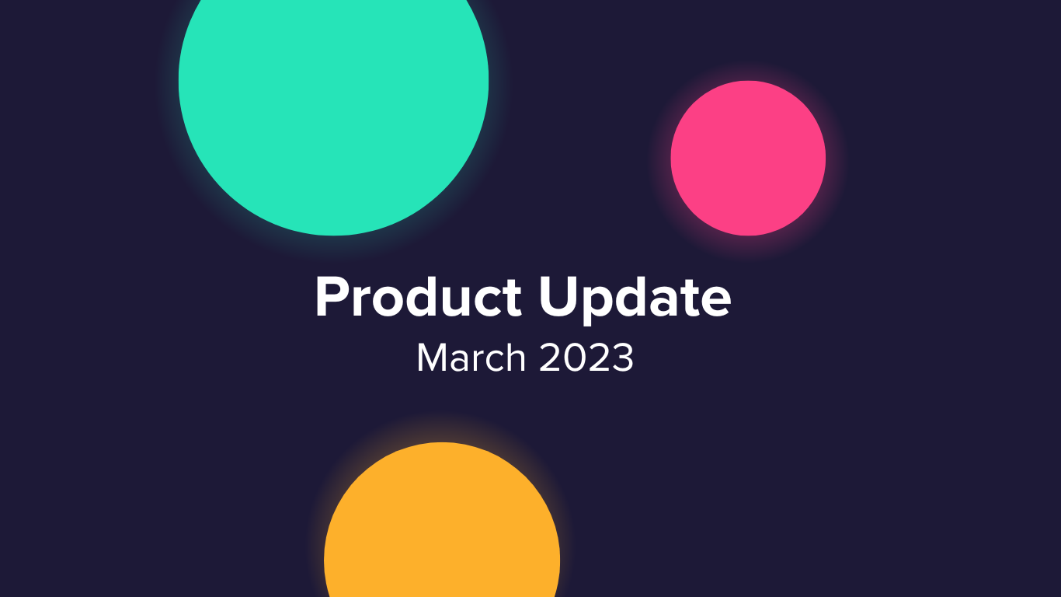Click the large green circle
click(x=333, y=95)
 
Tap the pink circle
click(x=748, y=158)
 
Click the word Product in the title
click(x=418, y=296)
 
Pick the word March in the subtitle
click(x=471, y=358)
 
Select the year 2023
click(x=586, y=358)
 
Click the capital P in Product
click(x=332, y=297)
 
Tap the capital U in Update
click(x=557, y=297)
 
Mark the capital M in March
click(x=432, y=358)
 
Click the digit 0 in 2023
click(x=575, y=358)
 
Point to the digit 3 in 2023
click(x=622, y=358)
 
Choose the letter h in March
click(x=515, y=356)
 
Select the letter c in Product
click(x=485, y=302)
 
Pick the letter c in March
click(x=492, y=360)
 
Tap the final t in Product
click(x=513, y=298)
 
